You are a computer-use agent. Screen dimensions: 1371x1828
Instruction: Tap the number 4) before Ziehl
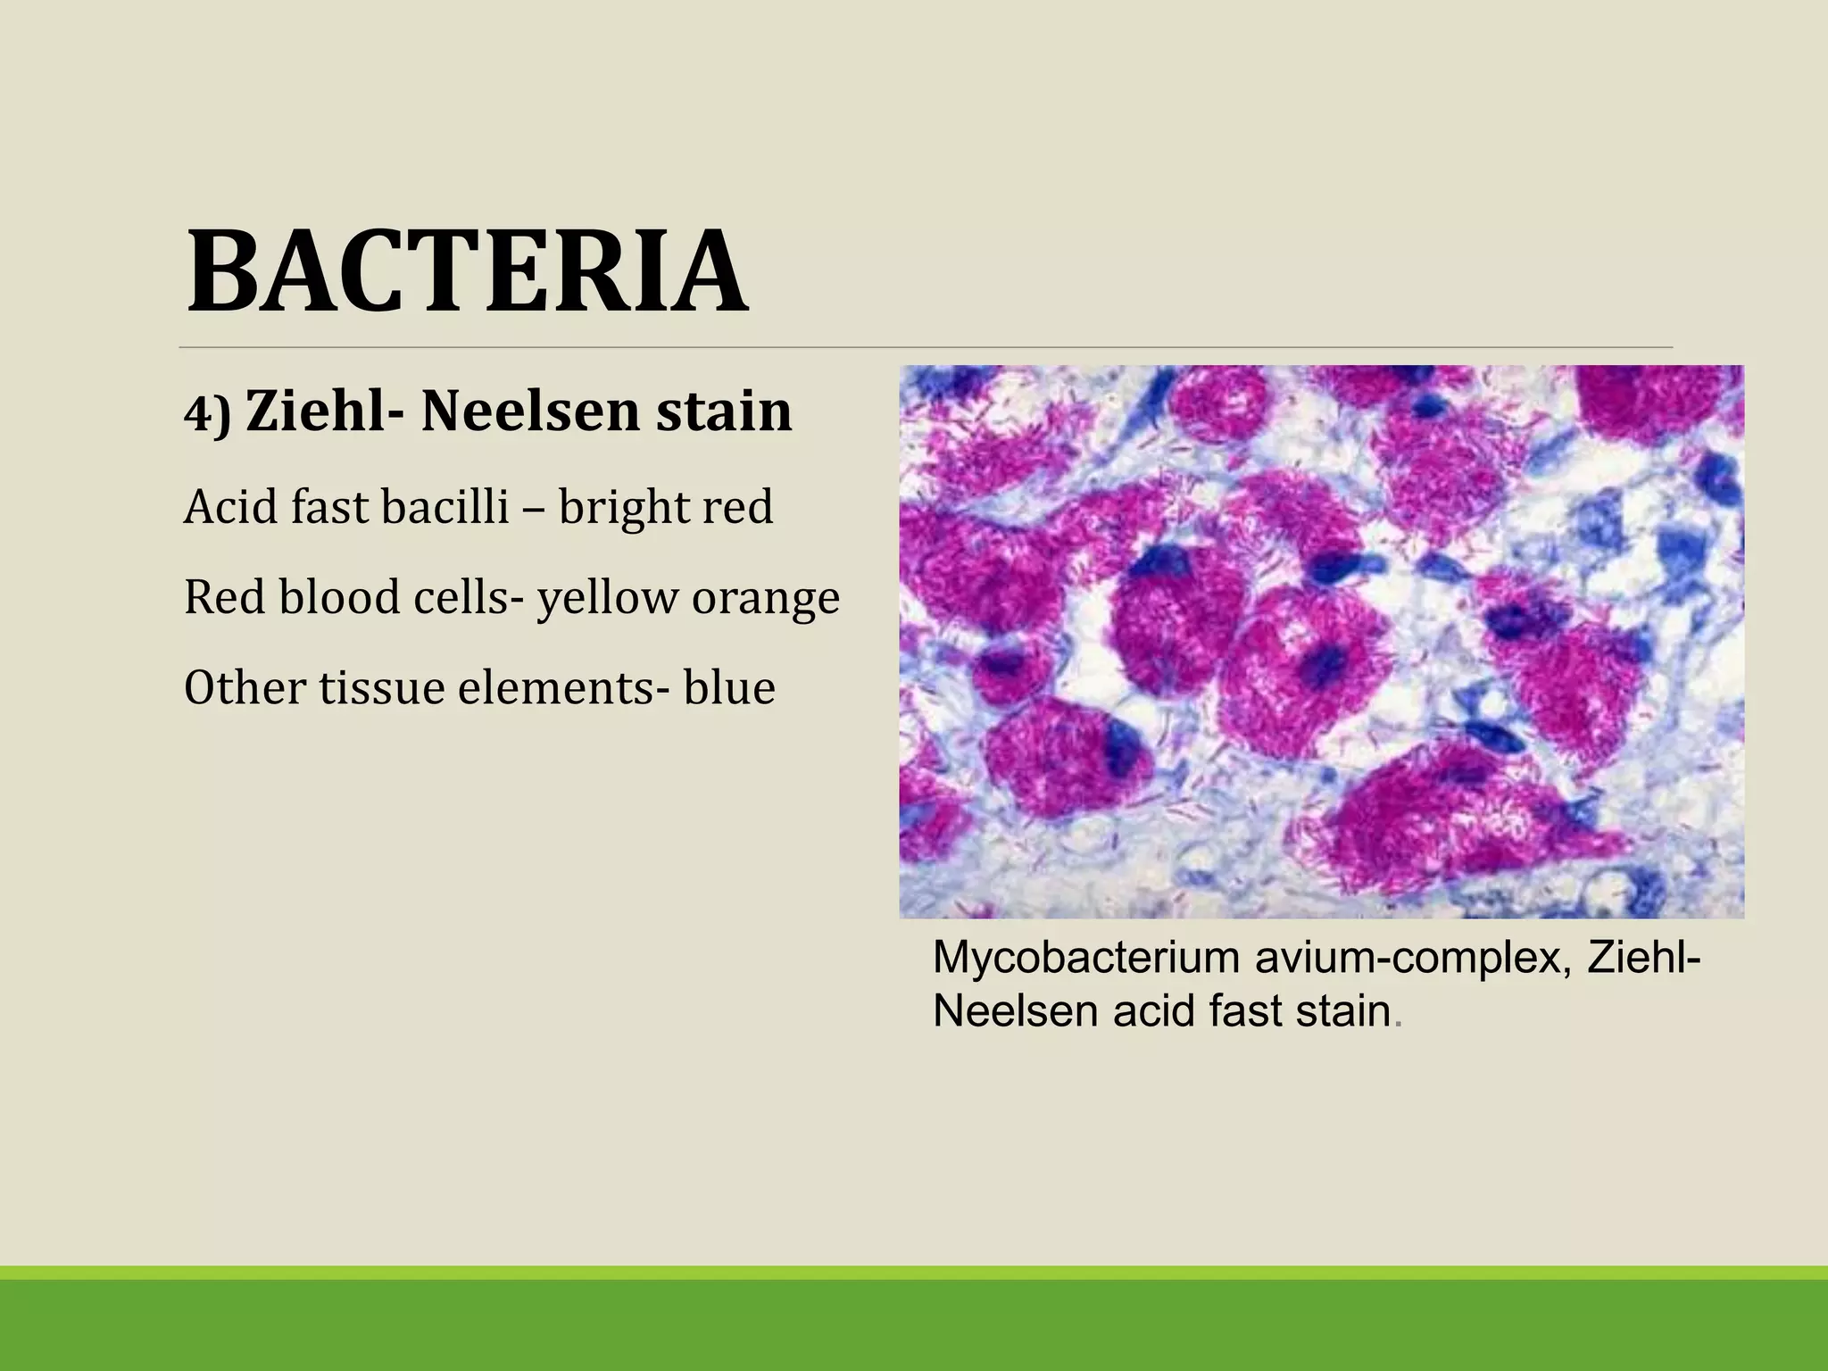(x=207, y=415)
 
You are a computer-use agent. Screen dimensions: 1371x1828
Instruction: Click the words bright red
(x=665, y=507)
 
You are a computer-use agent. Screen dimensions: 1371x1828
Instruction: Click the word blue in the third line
(x=729, y=687)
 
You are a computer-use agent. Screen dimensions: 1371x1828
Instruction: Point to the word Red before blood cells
(x=225, y=597)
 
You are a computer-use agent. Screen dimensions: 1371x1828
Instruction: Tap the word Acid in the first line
(x=229, y=507)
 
